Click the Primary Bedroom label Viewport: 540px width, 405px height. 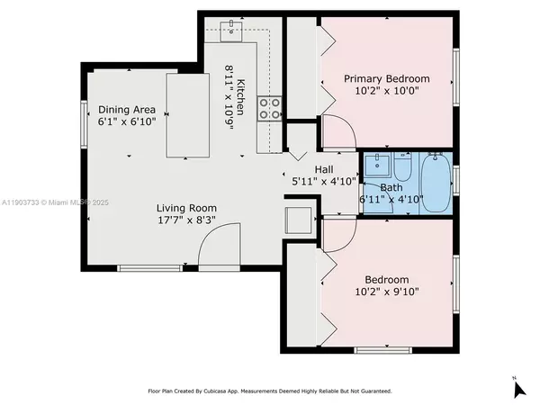387,78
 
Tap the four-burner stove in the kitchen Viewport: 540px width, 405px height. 269,109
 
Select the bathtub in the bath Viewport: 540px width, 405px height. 438,183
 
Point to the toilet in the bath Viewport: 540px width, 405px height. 402,168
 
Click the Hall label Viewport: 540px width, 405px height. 325,169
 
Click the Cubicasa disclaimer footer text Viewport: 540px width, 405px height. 270,391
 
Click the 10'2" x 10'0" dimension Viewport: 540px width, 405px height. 387,91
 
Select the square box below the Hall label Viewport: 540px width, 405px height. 297,220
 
